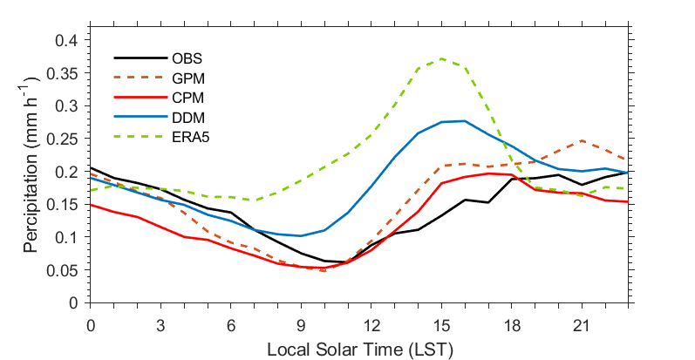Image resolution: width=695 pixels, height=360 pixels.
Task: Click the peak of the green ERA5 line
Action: [442, 58]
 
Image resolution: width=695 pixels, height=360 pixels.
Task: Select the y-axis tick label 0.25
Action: [69, 139]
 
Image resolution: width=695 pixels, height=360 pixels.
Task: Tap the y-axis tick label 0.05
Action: [69, 269]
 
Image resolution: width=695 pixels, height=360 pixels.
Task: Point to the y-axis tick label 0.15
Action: [69, 204]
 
